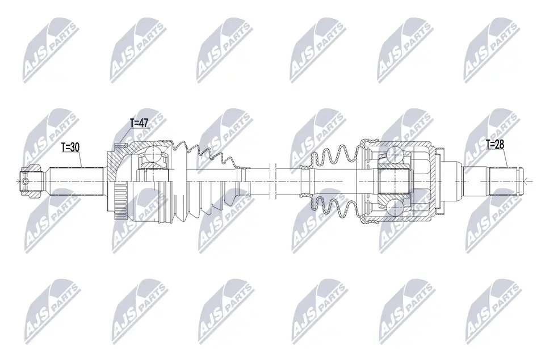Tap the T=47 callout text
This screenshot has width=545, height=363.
coord(139,123)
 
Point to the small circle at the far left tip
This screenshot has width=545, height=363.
coord(24,181)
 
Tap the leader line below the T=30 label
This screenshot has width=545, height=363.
coord(81,159)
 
